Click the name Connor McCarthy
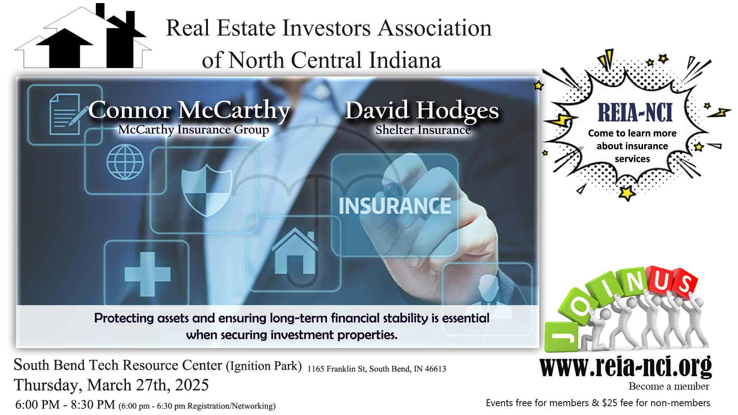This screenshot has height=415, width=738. click(x=189, y=110)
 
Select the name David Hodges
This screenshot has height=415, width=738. click(x=422, y=111)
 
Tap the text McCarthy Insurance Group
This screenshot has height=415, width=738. click(x=193, y=130)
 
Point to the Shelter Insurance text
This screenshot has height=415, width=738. click(x=423, y=130)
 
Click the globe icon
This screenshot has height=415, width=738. click(x=125, y=162)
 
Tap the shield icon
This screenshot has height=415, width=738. click(x=206, y=190)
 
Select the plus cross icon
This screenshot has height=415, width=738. click(x=148, y=274)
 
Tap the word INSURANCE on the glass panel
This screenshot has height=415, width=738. click(x=395, y=206)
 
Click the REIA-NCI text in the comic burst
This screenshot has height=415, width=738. click(x=635, y=113)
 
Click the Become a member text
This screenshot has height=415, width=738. click(x=669, y=386)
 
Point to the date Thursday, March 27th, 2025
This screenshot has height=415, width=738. click(x=111, y=385)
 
